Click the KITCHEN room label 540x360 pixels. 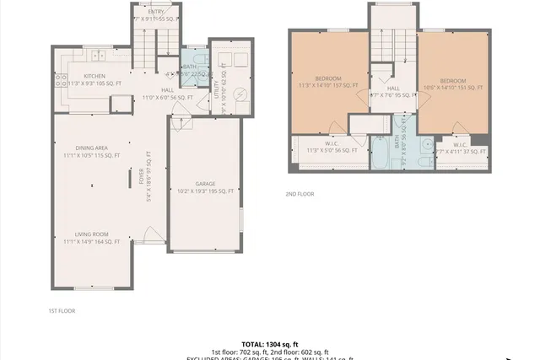coord(94,76)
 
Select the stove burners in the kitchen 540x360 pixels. coord(62,81)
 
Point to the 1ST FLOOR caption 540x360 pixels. coord(62,311)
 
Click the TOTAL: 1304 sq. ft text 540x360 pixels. coord(269,344)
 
